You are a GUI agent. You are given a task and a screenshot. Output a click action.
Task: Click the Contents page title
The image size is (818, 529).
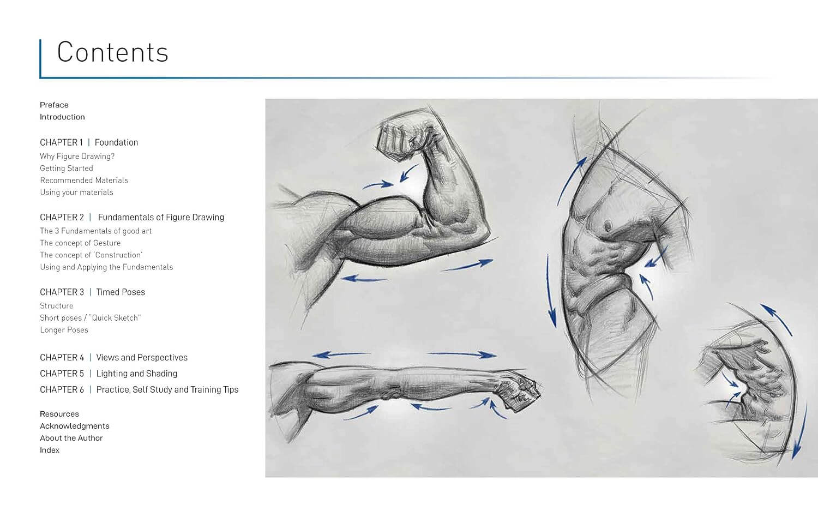click(112, 52)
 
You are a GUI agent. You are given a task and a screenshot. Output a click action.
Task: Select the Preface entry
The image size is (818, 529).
click(54, 105)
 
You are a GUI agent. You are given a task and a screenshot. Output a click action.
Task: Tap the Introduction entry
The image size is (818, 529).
click(62, 117)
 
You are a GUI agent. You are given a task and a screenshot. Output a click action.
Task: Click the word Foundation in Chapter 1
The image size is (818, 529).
click(116, 142)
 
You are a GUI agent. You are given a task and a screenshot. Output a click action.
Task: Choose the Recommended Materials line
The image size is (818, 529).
click(84, 181)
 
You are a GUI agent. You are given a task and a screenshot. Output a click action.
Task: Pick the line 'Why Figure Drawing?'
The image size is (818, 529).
click(77, 157)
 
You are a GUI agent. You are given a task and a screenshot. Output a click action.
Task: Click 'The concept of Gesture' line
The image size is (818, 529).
click(80, 243)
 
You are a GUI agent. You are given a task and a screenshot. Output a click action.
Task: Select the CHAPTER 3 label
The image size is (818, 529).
click(62, 292)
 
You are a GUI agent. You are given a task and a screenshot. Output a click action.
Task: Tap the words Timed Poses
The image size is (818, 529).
click(121, 292)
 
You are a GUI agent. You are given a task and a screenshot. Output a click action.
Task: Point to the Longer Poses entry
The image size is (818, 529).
click(64, 330)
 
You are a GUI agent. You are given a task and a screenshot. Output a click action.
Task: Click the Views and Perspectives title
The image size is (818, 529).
click(142, 357)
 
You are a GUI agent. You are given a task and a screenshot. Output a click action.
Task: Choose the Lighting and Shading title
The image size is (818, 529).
click(136, 374)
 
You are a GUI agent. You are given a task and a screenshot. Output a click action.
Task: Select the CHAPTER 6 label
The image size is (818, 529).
click(62, 389)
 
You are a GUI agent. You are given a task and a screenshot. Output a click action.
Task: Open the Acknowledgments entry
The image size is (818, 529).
click(75, 426)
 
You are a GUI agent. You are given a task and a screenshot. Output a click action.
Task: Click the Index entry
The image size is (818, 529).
click(49, 450)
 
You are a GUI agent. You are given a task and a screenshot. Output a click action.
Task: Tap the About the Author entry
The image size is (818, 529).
click(71, 438)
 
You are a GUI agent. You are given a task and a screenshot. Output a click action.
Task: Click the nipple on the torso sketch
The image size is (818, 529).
click(608, 226)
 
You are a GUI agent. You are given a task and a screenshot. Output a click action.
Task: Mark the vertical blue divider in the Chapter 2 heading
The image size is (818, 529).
click(90, 217)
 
